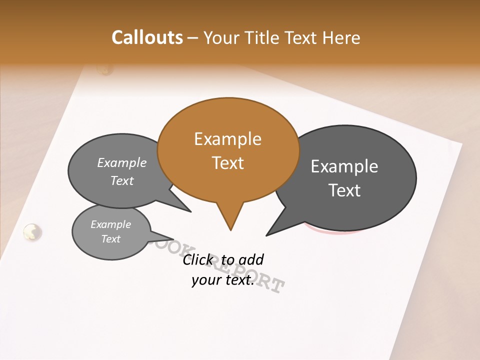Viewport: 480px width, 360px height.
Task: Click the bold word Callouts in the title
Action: click(147, 37)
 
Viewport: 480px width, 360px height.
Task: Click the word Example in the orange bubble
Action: click(227, 139)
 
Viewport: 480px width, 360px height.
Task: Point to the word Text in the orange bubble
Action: click(227, 163)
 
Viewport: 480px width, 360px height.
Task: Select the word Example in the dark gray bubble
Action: click(344, 166)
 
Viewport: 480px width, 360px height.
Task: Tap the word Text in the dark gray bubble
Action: click(344, 190)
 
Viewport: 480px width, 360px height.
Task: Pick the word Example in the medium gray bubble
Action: click(122, 163)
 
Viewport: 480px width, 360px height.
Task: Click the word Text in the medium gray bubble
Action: click(122, 181)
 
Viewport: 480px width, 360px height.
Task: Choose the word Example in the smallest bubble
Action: click(110, 224)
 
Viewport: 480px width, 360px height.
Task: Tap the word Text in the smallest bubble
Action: click(110, 239)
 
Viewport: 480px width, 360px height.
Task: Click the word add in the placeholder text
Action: click(251, 259)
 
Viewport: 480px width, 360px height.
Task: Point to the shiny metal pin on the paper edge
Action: click(32, 231)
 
